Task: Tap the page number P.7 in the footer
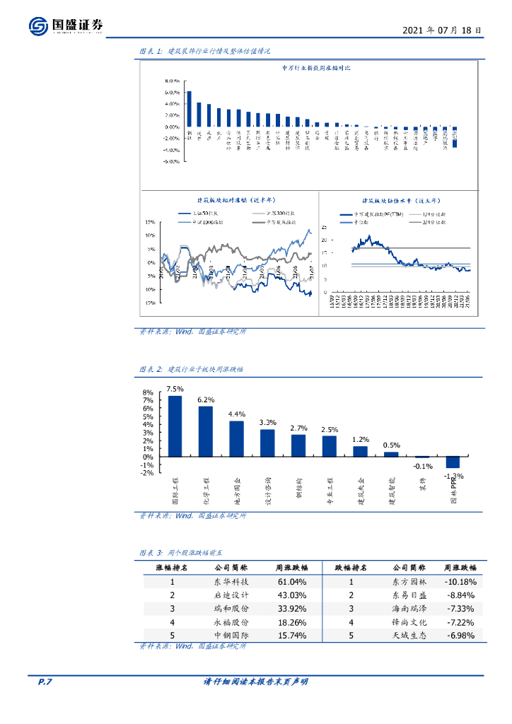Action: pyautogui.click(x=45, y=682)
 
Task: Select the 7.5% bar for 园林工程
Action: pyautogui.click(x=175, y=426)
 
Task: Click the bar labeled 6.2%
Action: pyautogui.click(x=206, y=431)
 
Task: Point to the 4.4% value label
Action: pyautogui.click(x=237, y=414)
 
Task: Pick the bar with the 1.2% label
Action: pyautogui.click(x=360, y=451)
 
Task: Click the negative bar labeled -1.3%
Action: pyautogui.click(x=453, y=462)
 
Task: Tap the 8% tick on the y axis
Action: pyautogui.click(x=148, y=392)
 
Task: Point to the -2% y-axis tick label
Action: pyautogui.click(x=147, y=473)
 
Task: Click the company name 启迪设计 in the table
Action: pyautogui.click(x=231, y=595)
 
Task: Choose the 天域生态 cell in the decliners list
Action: pyautogui.click(x=408, y=636)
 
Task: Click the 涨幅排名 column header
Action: pyautogui.click(x=172, y=568)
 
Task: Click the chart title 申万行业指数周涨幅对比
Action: pyautogui.click(x=316, y=67)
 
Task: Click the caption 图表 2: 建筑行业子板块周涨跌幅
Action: pyautogui.click(x=190, y=369)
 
